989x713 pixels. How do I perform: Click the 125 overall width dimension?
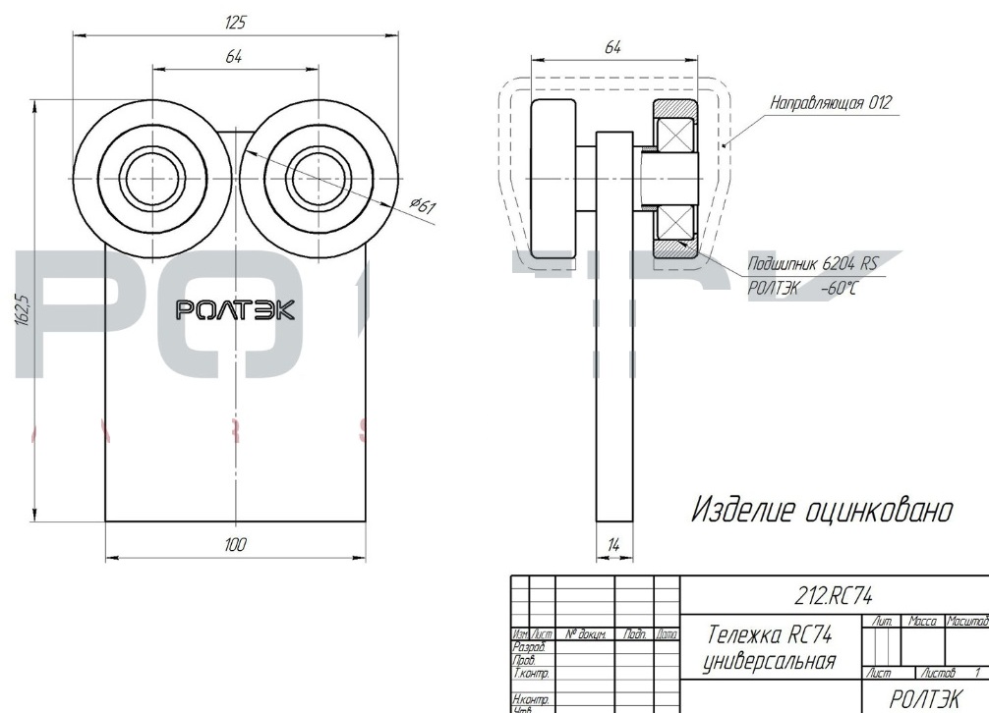[236, 21]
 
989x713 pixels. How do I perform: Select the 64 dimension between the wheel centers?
[234, 58]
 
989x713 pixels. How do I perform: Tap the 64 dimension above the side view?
[614, 47]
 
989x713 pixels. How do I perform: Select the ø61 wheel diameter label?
[423, 204]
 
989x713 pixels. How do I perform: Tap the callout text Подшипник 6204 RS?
[811, 264]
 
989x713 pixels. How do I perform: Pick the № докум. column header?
[585, 635]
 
